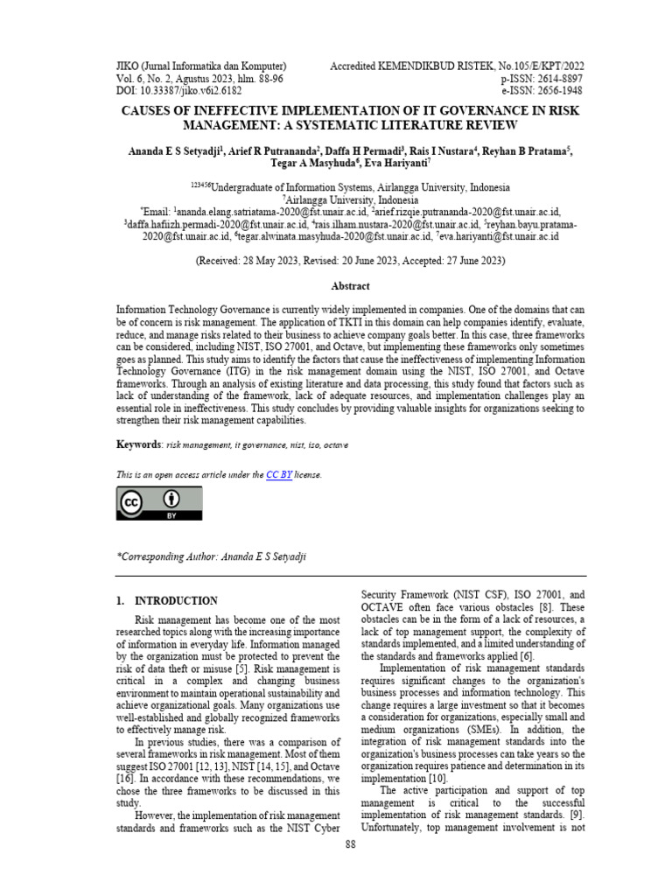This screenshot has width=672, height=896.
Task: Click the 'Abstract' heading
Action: pos(350,286)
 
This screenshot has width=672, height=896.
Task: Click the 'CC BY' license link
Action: pos(279,474)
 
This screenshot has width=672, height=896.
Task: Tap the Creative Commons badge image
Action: pos(159,503)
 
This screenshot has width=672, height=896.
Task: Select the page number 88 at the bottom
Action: pos(350,844)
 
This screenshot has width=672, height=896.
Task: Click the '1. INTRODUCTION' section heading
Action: pos(167,601)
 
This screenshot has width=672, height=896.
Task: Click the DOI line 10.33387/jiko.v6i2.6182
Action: pos(181,91)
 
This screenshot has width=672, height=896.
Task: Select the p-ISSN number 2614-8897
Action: pos(551,79)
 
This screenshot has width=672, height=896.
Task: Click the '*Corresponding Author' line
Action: pos(212,556)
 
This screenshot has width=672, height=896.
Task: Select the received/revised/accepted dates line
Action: pos(350,261)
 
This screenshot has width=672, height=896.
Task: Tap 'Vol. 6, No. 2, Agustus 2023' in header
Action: pos(179,79)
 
